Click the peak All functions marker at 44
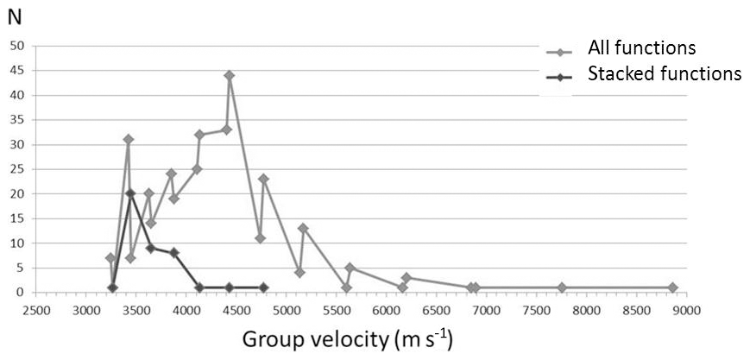[230, 75]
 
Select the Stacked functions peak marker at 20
[130, 193]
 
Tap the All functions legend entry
[641, 47]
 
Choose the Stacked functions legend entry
[664, 74]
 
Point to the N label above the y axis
[14, 17]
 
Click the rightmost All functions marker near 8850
[672, 287]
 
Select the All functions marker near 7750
[562, 287]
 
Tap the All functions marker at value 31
[128, 139]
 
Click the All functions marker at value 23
[263, 179]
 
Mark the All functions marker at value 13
[303, 229]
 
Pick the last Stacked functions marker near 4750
[263, 287]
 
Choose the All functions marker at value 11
[260, 238]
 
